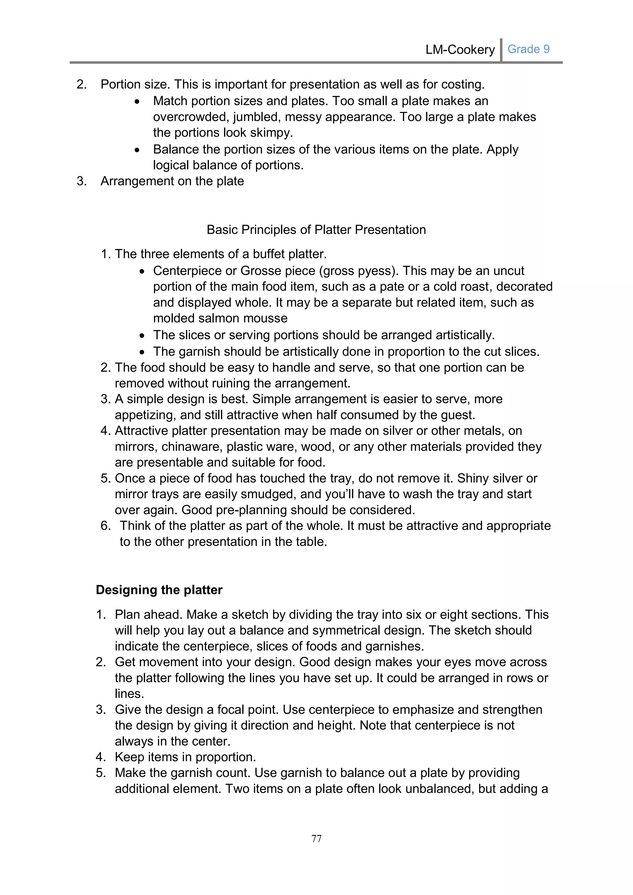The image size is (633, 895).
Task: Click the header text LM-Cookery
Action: [460, 50]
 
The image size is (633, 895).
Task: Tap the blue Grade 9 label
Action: [528, 49]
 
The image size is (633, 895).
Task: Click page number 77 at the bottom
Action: [316, 838]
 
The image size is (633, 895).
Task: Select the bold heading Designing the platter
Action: [159, 590]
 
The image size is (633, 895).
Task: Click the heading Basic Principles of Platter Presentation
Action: [316, 230]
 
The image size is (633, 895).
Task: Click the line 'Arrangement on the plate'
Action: [172, 181]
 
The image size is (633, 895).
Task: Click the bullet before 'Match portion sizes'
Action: [137, 102]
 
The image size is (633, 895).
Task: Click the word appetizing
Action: [143, 415]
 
